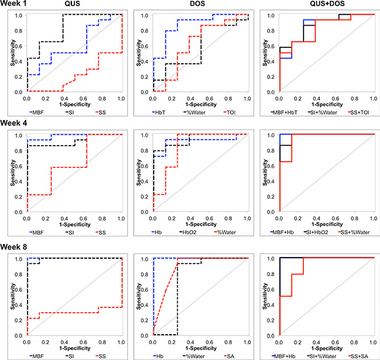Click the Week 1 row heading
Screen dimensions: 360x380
16,5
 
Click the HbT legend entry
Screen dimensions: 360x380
161,111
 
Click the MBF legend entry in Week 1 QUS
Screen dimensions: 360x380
35,111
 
